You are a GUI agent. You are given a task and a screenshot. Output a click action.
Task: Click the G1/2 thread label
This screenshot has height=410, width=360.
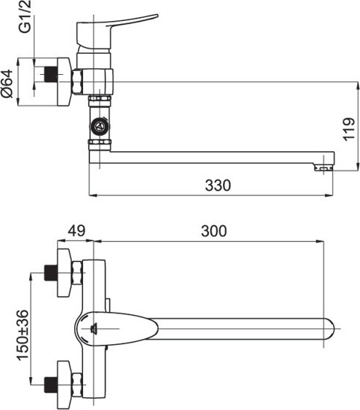(25, 16)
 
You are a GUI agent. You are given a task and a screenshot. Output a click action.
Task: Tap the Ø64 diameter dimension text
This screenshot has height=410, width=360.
(7, 83)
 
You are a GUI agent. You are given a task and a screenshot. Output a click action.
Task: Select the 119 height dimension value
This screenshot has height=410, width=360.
(349, 129)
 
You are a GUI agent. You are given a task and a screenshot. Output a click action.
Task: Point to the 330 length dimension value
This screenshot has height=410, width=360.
(218, 186)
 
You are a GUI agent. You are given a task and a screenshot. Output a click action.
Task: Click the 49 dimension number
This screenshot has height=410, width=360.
(76, 230)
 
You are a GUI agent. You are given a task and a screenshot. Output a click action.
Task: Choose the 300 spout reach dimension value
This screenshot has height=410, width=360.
(214, 231)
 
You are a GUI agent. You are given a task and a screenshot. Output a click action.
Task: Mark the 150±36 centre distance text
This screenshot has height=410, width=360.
(22, 335)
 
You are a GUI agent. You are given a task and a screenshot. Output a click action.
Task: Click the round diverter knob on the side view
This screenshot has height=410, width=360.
(100, 127)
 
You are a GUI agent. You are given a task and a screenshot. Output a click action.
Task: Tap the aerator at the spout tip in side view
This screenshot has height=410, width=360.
(324, 167)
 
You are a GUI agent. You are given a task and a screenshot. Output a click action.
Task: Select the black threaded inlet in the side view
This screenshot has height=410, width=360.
(51, 74)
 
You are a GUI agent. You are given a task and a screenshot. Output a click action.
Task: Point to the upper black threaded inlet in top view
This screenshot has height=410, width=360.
(51, 273)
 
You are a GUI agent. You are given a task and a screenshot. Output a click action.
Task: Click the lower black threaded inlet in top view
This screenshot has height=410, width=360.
(51, 385)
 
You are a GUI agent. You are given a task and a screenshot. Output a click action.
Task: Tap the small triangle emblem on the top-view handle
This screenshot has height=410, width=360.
(94, 328)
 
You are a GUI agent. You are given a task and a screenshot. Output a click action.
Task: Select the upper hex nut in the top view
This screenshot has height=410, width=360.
(77, 273)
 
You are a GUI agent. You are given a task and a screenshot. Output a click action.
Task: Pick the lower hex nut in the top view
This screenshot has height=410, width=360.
(77, 385)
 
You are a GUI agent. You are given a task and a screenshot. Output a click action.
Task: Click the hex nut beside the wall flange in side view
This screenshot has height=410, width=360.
(77, 82)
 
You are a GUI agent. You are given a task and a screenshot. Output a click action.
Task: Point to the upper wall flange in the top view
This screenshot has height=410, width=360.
(64, 273)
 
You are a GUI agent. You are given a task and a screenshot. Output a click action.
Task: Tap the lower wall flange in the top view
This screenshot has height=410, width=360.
(64, 385)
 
